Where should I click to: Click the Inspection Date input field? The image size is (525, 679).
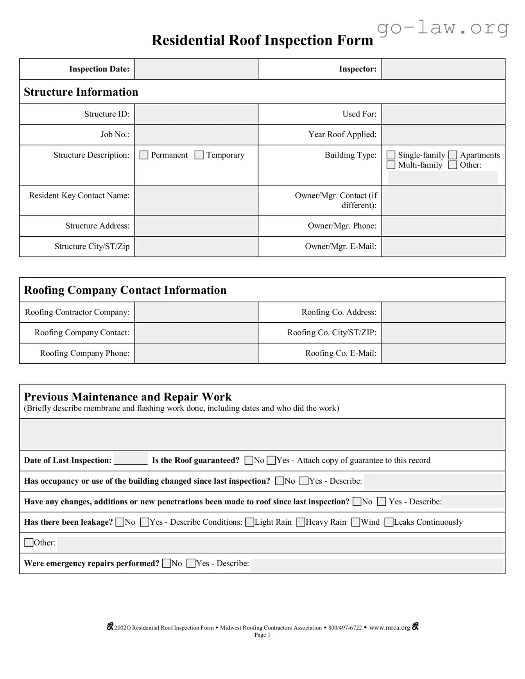(x=196, y=69)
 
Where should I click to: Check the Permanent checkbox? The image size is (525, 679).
(x=144, y=155)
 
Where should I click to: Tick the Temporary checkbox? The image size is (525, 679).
(x=199, y=155)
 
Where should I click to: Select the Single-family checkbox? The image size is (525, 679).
(x=391, y=155)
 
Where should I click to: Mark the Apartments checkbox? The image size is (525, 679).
(x=453, y=155)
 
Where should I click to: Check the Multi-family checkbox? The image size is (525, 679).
(x=391, y=165)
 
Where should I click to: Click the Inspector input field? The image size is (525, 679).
(x=443, y=69)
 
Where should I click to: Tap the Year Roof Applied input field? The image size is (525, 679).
(x=443, y=135)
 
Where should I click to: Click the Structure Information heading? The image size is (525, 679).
(x=81, y=92)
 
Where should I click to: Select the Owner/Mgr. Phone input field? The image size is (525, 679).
(x=443, y=226)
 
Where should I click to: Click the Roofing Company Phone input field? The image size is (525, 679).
(x=196, y=354)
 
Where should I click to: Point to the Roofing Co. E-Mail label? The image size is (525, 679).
(x=340, y=353)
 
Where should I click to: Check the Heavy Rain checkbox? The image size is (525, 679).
(x=301, y=522)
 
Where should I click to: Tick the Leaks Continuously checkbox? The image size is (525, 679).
(x=389, y=522)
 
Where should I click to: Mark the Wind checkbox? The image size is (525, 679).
(x=356, y=522)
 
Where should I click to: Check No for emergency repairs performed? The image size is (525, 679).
(x=167, y=563)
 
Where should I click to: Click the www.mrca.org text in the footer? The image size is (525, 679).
(x=389, y=627)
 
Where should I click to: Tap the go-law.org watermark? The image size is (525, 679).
(x=443, y=28)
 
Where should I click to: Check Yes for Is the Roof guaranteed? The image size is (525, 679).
(x=271, y=461)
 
